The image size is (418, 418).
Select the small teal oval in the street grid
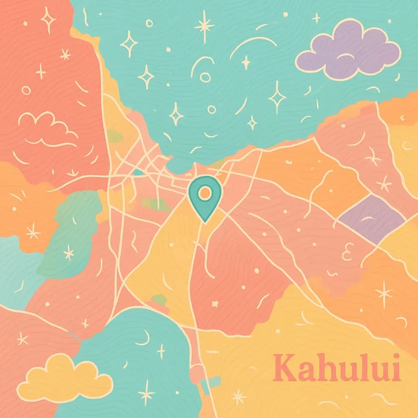pyautogui.click(x=138, y=172)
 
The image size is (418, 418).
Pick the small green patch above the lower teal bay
pyautogui.click(x=159, y=300)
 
